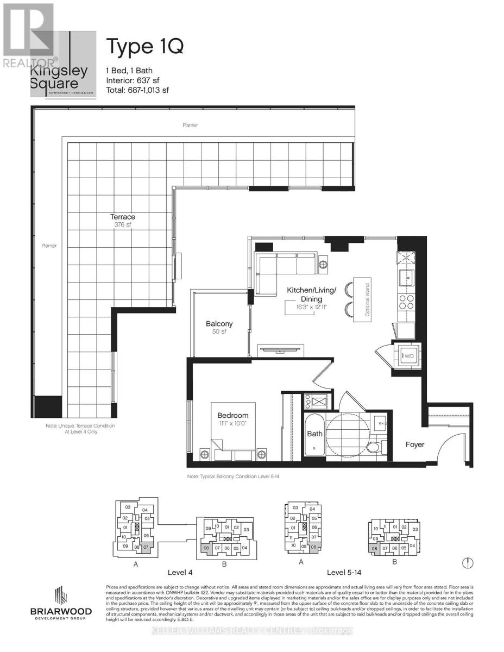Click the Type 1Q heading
point(144,47)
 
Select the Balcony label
point(219,324)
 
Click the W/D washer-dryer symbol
point(407,356)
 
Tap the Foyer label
point(415,444)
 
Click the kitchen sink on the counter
point(406,278)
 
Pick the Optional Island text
point(367,300)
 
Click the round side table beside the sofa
point(323,265)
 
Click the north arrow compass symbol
point(468,563)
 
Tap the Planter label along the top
point(190,125)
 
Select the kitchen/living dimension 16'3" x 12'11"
point(312,309)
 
